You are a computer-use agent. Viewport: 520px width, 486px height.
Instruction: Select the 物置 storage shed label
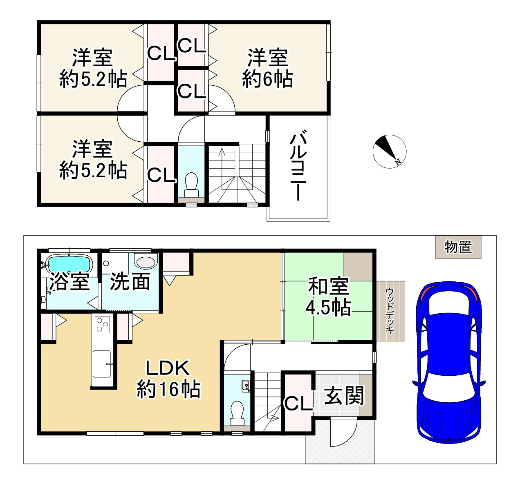(458, 247)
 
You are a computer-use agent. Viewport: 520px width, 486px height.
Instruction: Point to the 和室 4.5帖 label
(329, 297)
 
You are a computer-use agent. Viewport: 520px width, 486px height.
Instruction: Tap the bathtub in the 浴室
(68, 263)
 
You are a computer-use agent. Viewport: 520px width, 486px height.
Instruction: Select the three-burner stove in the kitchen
(101, 325)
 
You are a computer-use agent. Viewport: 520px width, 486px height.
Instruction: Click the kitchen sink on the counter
(102, 363)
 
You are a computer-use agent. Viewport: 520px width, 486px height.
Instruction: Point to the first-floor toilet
(237, 412)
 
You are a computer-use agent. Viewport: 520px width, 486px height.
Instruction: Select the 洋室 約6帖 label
(267, 68)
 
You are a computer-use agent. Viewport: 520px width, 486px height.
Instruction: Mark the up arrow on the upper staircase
(222, 153)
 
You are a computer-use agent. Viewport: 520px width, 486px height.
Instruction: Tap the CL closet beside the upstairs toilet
(161, 175)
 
